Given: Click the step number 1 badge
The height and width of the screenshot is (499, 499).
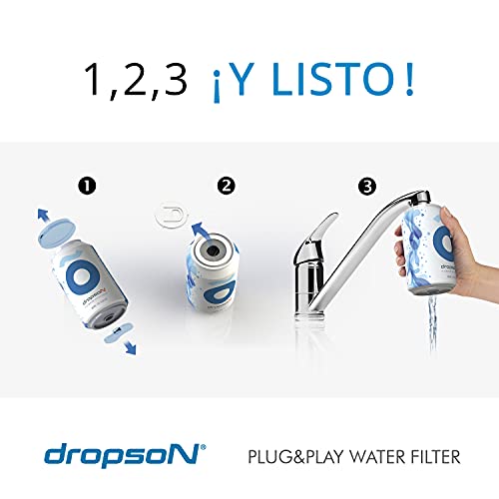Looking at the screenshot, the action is pyautogui.click(x=87, y=186).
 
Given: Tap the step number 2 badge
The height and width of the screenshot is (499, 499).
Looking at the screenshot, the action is pyautogui.click(x=227, y=186).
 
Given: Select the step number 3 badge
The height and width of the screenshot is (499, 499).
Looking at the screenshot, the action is pyautogui.click(x=367, y=187).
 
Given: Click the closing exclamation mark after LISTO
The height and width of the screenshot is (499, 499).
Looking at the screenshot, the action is pyautogui.click(x=409, y=79).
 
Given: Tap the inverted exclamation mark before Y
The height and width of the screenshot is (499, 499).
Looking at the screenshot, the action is pyautogui.click(x=217, y=87).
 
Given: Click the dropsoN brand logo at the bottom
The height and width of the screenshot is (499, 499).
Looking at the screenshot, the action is pyautogui.click(x=125, y=455).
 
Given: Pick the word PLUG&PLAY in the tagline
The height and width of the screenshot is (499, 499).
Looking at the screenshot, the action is pyautogui.click(x=295, y=457).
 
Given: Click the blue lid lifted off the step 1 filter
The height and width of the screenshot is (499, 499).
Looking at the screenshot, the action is pyautogui.click(x=57, y=235).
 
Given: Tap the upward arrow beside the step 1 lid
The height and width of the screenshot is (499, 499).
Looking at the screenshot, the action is pyautogui.click(x=43, y=215).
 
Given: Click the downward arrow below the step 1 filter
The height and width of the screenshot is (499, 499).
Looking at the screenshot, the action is pyautogui.click(x=130, y=348).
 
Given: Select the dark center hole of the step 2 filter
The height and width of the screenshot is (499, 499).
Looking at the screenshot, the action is pyautogui.click(x=213, y=251).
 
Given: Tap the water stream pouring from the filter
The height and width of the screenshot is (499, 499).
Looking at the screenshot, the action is pyautogui.click(x=432, y=322).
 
